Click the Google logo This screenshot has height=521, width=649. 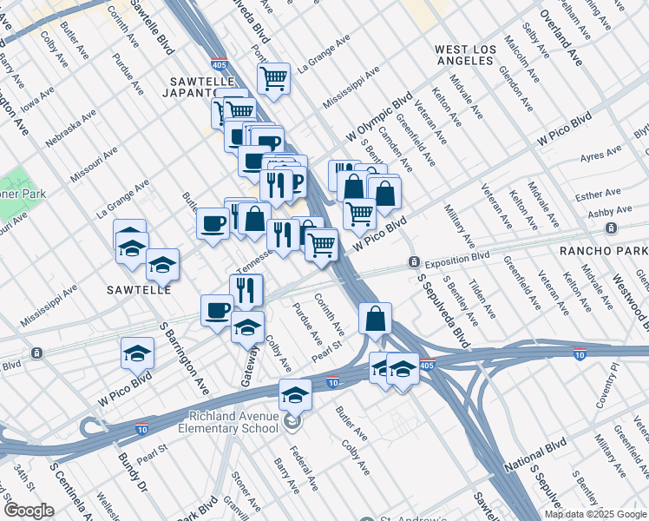pos(29,511)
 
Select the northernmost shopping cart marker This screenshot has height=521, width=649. pos(274,79)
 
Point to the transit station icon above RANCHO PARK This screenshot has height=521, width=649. pos(612,228)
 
